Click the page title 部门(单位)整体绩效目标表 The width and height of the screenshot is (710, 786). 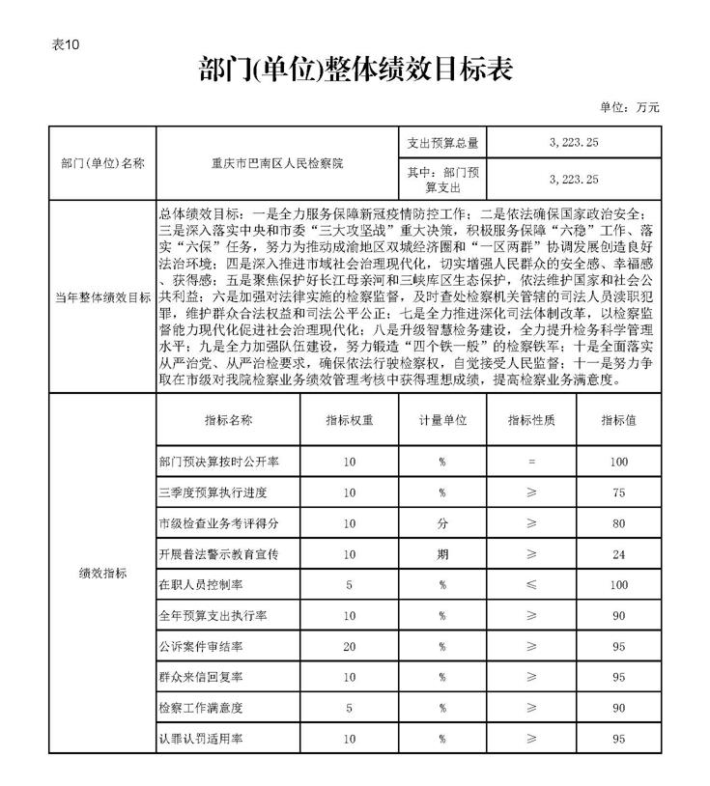click(x=355, y=69)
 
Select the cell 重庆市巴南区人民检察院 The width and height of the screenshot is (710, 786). click(x=277, y=163)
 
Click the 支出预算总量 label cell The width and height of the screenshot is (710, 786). click(x=441, y=143)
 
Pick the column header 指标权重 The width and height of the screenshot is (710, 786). click(x=350, y=420)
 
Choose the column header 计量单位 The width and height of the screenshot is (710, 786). click(x=442, y=420)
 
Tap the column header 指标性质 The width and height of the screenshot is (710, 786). click(x=530, y=420)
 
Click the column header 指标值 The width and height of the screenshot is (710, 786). click(x=618, y=420)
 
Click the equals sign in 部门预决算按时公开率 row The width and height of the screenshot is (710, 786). click(x=530, y=463)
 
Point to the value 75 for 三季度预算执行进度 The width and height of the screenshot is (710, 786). click(x=618, y=493)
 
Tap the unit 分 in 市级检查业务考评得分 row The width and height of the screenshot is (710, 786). click(x=442, y=524)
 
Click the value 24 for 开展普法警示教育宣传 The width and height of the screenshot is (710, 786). click(x=618, y=555)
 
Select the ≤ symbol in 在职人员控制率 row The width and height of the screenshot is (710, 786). click(x=530, y=585)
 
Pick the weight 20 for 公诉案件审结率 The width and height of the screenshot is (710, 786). click(x=350, y=647)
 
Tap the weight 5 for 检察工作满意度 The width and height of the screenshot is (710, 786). click(x=350, y=708)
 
